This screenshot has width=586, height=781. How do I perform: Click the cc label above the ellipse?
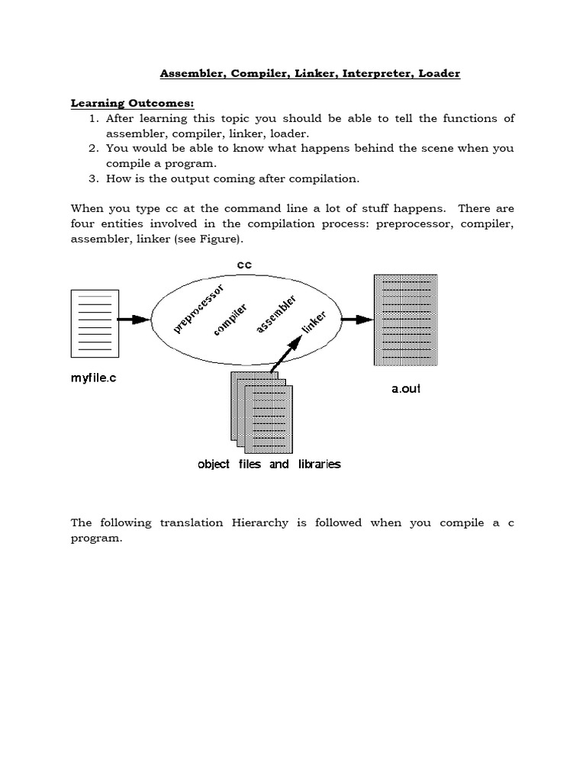[x=243, y=265]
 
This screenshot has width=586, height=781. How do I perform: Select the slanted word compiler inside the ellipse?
[x=231, y=320]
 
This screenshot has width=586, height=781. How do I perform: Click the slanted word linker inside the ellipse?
[x=314, y=322]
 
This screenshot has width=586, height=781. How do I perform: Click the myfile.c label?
[x=94, y=378]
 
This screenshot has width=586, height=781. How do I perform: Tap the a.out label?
[x=406, y=388]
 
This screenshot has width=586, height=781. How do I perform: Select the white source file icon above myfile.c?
[x=95, y=323]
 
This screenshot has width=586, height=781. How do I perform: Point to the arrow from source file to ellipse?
[x=135, y=320]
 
